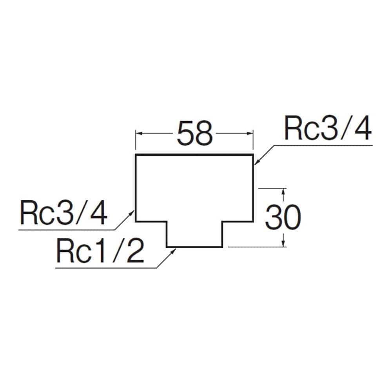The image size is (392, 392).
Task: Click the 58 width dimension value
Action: point(194,133)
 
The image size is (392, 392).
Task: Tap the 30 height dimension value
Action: point(283,217)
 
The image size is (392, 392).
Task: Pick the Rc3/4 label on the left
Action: point(64,212)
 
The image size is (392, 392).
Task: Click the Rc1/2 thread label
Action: point(100,250)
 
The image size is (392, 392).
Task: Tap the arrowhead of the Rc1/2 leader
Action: point(174,252)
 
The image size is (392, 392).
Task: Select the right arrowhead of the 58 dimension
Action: point(250,133)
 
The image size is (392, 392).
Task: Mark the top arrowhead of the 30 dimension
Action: point(283,192)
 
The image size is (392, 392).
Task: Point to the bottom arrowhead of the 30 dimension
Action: point(283,243)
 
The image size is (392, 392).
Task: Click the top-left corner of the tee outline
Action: point(136,155)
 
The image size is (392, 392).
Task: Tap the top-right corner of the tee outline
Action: point(253,155)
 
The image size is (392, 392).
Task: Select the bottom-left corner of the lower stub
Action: point(167,247)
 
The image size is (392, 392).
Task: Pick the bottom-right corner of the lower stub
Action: point(222,247)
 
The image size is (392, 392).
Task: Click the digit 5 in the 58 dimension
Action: point(185,133)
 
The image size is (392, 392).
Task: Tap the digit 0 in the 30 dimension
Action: point(292,217)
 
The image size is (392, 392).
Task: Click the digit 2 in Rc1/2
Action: point(136,250)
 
